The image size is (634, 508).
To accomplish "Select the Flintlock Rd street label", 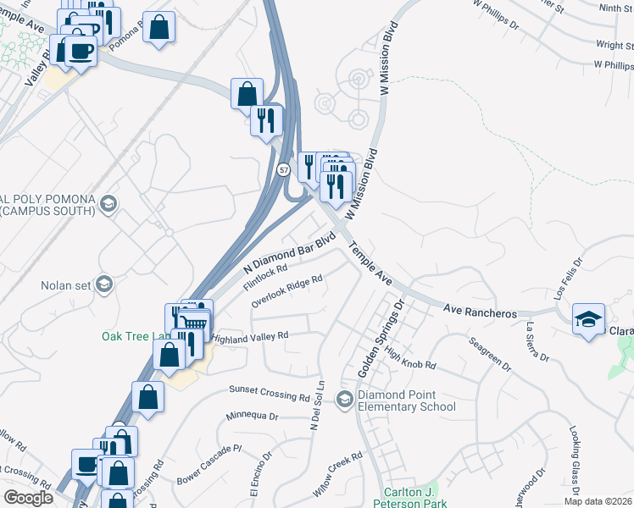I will (266, 276).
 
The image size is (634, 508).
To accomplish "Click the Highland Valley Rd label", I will (250, 336).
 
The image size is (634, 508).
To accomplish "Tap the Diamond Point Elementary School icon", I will (344, 399).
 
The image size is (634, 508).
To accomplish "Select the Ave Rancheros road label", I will (480, 313).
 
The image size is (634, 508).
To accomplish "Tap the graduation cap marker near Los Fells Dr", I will (588, 319).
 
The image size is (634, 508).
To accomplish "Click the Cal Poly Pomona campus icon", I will (108, 202).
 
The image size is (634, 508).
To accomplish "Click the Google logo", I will (29, 498).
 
